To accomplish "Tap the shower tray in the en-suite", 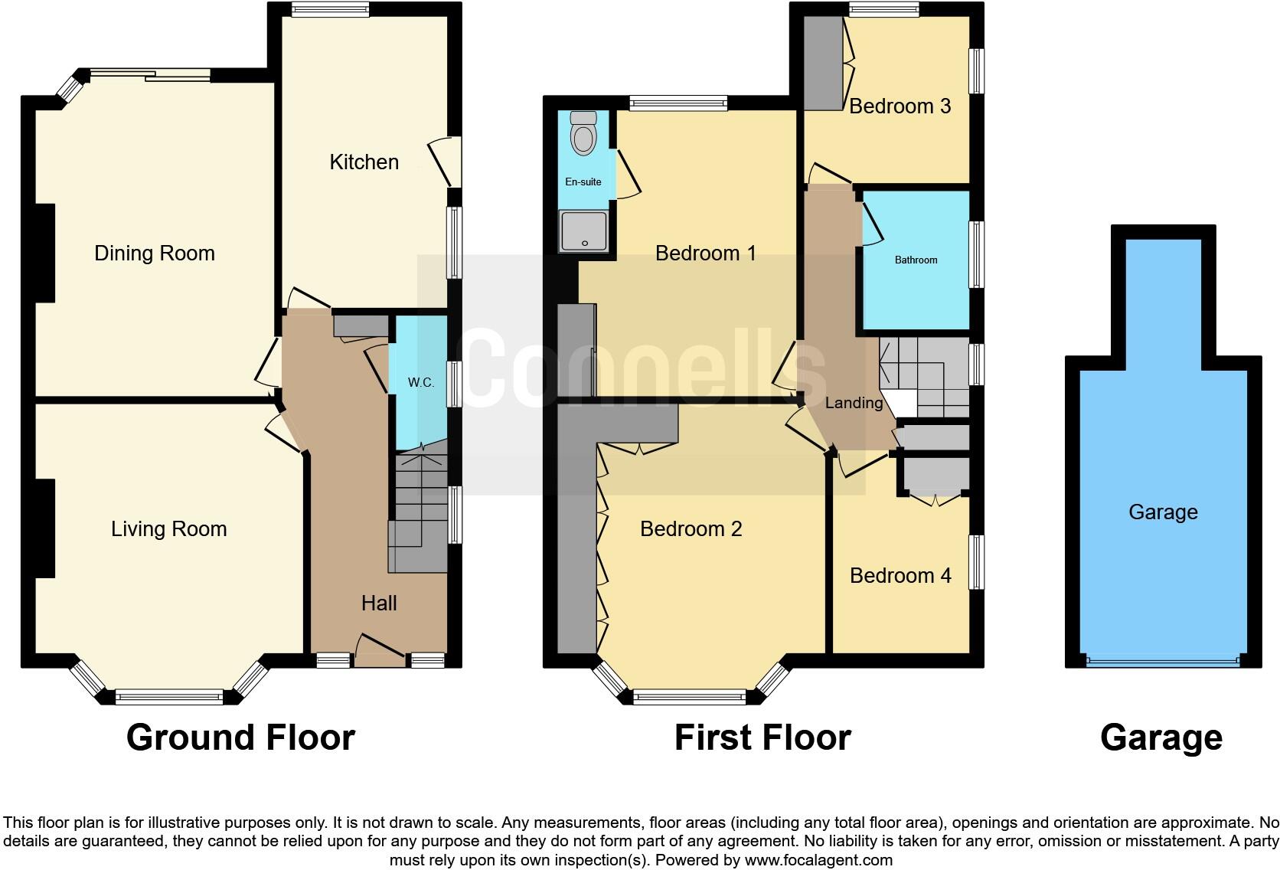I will [584, 231].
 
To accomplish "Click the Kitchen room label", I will [364, 162].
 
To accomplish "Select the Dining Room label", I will [154, 253].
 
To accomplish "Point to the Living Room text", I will [168, 529].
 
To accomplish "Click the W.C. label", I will [420, 382].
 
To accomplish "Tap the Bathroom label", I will [916, 260].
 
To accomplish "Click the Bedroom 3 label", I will [900, 106].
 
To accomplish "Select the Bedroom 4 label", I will [900, 576].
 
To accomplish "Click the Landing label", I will [854, 403].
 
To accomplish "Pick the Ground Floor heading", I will [240, 738].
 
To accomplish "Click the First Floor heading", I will [762, 738].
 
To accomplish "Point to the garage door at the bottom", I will [1162, 662].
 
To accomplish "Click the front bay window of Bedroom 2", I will [689, 697].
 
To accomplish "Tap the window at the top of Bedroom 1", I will [678, 103].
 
